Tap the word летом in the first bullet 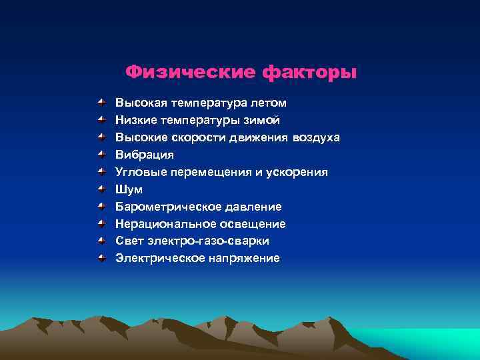tap(269, 103)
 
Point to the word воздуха tap(315, 138)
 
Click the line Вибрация tap(145, 155)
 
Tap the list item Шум tap(129, 189)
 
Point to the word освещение tap(248, 224)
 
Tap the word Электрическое tap(155, 258)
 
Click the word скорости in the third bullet tap(199, 138)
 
